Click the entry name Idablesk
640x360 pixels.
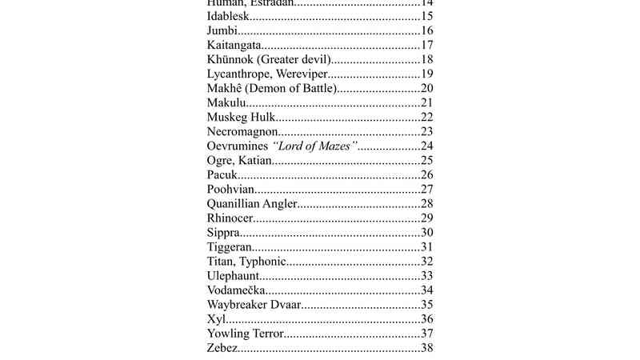coord(229,17)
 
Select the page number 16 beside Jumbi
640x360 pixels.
coord(427,31)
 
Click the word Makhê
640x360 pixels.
coord(225,88)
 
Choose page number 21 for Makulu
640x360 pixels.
coord(427,102)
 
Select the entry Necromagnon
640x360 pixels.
coord(242,131)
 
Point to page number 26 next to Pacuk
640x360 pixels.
coord(427,174)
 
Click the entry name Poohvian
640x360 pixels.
coord(230,189)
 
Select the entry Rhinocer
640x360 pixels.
coord(230,218)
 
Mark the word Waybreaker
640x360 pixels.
coord(236,304)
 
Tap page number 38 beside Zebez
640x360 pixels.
coord(427,347)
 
